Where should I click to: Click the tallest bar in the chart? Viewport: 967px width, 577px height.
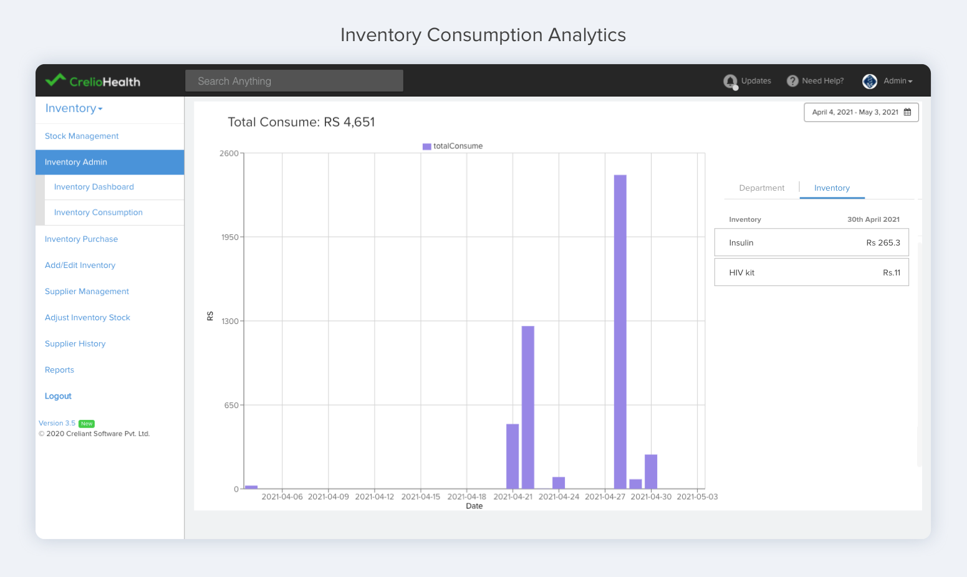620,331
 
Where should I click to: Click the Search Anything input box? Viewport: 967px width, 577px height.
294,81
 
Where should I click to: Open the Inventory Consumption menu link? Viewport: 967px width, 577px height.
98,212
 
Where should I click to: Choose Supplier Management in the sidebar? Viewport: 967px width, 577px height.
87,292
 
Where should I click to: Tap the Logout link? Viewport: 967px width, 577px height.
58,396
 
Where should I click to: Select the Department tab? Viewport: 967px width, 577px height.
761,188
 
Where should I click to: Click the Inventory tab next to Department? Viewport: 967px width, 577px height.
832,188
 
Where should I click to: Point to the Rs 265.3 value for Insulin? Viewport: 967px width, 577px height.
883,243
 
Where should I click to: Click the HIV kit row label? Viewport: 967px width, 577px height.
741,273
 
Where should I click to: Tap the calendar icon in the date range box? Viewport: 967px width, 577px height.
907,112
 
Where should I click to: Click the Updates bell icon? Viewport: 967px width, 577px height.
730,82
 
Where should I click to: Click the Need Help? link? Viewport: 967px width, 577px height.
822,81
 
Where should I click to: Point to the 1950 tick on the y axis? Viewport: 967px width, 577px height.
229,237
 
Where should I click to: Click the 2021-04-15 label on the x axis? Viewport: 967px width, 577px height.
420,497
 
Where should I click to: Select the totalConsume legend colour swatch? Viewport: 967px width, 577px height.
426,146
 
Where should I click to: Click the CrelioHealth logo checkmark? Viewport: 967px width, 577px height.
55,80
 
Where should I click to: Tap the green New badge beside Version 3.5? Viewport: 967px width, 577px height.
87,424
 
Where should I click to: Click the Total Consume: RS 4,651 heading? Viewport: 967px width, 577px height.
301,122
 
